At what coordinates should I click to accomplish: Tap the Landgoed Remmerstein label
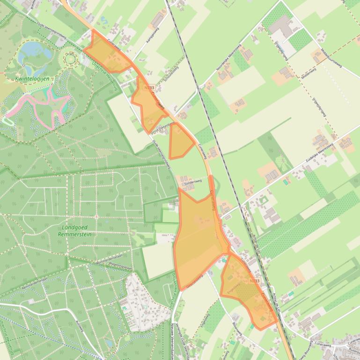click(x=76, y=230)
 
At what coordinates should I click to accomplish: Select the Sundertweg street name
click(x=196, y=184)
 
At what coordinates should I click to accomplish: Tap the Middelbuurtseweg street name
click(x=331, y=58)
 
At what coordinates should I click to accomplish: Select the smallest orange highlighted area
click(x=180, y=141)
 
